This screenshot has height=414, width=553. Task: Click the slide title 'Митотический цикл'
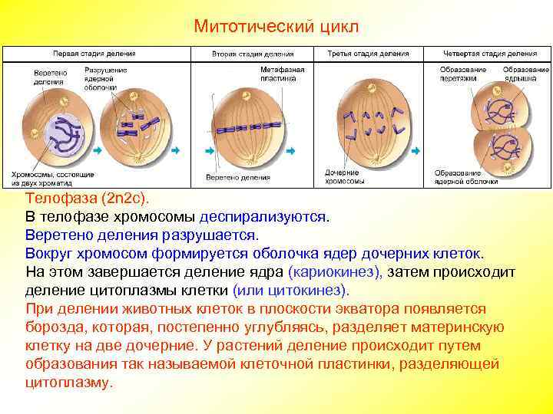click(x=276, y=27)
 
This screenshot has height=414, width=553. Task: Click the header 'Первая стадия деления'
click(x=94, y=54)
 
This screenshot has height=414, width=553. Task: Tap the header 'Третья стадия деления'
click(x=363, y=54)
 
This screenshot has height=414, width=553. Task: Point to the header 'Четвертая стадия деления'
click(x=491, y=54)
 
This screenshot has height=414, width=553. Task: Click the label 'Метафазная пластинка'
click(x=282, y=74)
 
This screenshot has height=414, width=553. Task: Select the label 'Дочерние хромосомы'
click(x=343, y=177)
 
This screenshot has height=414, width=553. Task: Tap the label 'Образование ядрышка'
click(x=525, y=74)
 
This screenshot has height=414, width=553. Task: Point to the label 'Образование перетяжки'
click(x=462, y=74)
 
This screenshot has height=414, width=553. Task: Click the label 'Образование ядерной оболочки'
click(x=465, y=177)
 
